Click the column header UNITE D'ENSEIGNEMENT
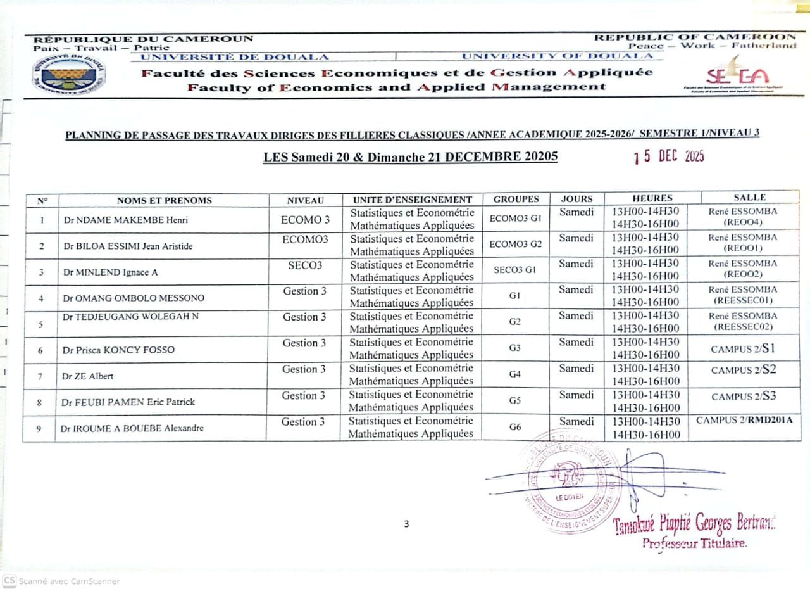tap(413, 200)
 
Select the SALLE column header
tap(750, 198)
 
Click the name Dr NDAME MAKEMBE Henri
tap(117, 220)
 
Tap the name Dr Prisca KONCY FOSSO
tap(118, 350)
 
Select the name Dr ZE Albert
tap(87, 376)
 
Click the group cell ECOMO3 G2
tap(516, 245)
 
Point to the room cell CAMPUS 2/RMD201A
tap(744, 421)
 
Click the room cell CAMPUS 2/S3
tap(744, 397)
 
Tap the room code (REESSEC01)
tap(743, 301)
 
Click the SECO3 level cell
tap(305, 265)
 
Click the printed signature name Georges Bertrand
tap(695, 524)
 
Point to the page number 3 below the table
tap(406, 523)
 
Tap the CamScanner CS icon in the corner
tap(9, 580)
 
